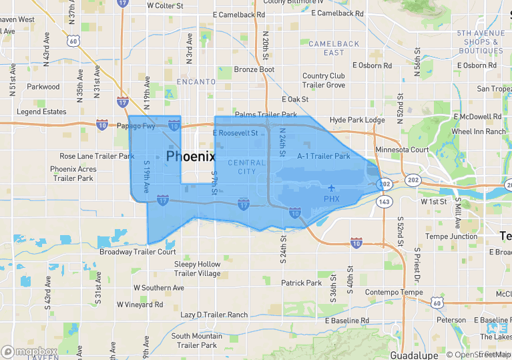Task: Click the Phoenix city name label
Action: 190,156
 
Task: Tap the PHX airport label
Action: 331,199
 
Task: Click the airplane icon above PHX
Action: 331,188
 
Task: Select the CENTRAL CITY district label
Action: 242,167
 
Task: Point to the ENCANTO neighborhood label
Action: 196,81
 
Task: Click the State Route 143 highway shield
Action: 384,201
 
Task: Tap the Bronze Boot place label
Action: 254,69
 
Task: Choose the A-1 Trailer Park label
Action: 324,156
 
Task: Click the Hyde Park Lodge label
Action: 357,120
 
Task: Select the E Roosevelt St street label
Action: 235,133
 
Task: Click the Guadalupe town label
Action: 413,354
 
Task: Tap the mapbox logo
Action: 29,351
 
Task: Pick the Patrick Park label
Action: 301,283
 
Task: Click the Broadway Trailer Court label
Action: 138,252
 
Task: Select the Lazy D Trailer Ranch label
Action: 214,315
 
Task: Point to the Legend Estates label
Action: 41,112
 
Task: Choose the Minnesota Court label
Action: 402,150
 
